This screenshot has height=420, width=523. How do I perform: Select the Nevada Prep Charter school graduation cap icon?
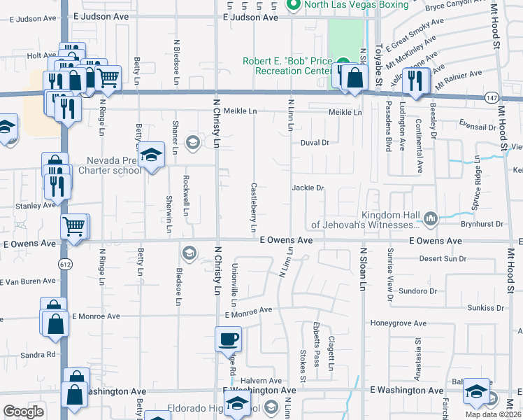coord(150,155)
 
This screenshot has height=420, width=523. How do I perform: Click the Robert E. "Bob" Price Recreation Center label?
coord(287,66)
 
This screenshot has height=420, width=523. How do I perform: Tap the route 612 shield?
coord(65,263)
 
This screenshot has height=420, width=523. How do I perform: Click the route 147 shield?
coord(493,99)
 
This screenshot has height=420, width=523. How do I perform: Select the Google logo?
coord(23,412)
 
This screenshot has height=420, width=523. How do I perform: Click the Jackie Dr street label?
coord(308,188)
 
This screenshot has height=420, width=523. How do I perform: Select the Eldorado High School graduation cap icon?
coord(237,404)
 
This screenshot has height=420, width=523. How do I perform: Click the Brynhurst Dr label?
coord(482,223)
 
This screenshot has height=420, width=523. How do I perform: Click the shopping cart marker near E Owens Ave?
coord(74,226)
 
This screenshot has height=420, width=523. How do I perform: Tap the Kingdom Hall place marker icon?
coord(430,219)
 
